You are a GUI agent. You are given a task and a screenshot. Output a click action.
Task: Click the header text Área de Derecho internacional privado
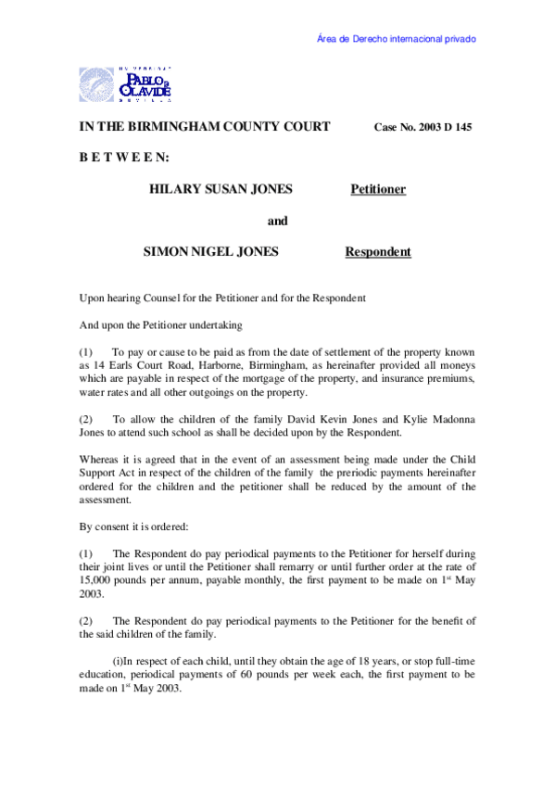click(397, 40)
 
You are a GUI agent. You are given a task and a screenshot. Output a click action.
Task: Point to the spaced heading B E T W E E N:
click(122, 158)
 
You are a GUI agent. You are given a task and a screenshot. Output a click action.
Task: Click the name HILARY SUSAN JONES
click(221, 189)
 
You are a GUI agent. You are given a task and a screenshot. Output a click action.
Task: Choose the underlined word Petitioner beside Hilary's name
click(378, 190)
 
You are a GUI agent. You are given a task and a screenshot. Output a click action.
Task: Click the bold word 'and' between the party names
click(277, 221)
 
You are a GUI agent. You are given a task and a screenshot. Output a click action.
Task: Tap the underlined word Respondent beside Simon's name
click(378, 252)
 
